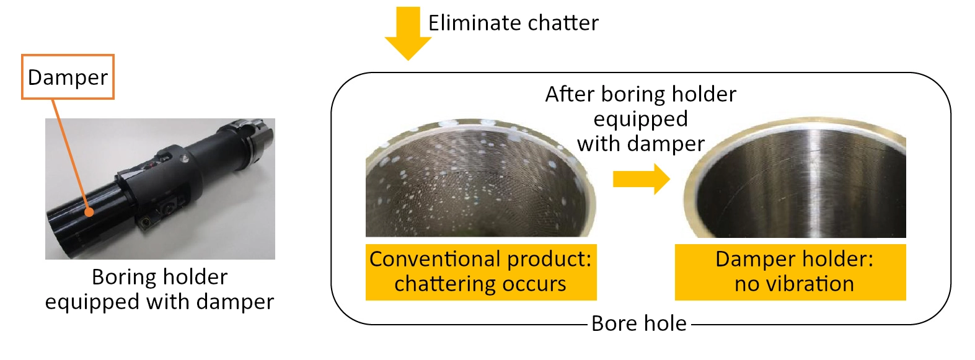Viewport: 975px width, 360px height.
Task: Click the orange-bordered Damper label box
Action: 68,77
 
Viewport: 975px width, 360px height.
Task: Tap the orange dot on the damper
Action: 89,213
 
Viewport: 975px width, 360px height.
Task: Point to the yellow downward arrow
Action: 408,33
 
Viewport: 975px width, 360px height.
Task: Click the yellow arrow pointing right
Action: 641,179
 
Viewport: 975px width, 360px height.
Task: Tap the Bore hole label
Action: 639,323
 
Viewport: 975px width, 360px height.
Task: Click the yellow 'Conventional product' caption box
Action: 481,272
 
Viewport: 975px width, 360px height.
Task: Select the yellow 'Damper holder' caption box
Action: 790,272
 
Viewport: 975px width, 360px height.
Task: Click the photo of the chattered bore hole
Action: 481,178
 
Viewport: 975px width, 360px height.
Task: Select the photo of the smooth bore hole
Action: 795,177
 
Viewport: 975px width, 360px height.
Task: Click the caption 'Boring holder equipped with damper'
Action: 160,289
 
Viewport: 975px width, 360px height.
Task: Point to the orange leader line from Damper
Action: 71,155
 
